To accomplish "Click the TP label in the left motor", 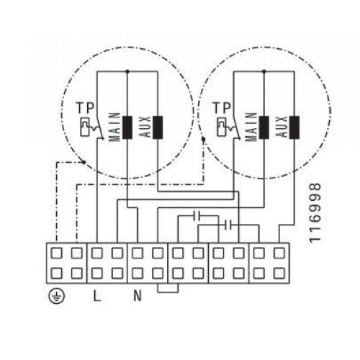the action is pos(85,108).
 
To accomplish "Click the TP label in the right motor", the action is pos(222,108).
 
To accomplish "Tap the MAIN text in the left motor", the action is pos(114,127).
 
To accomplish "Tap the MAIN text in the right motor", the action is pos(251,127).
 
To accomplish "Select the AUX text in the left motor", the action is pos(145,127).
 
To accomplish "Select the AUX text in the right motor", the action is pos(282,127).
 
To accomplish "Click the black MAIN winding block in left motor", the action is pos(127,127).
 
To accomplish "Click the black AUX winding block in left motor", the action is pos(158,127).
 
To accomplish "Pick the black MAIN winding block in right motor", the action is pos(264,127).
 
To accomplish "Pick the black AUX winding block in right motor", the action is pos(294,127).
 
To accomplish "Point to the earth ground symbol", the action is pos(57,296).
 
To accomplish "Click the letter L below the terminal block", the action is pos(96,296).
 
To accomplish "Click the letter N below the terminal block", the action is pos(138,296).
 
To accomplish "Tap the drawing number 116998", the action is pos(315,212).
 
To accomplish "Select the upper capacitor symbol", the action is pos(199,216).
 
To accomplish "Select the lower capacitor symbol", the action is pos(228,225).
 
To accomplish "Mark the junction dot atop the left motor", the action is pos(127,71).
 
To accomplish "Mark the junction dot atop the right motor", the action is pos(264,71).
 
